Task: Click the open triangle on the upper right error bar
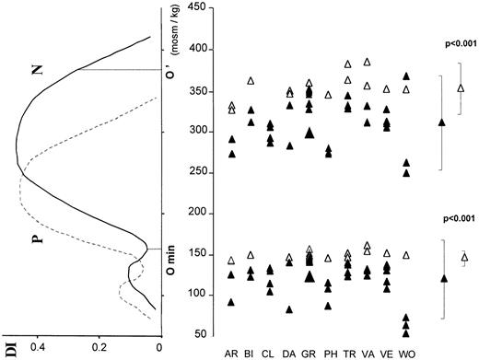click(x=461, y=88)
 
